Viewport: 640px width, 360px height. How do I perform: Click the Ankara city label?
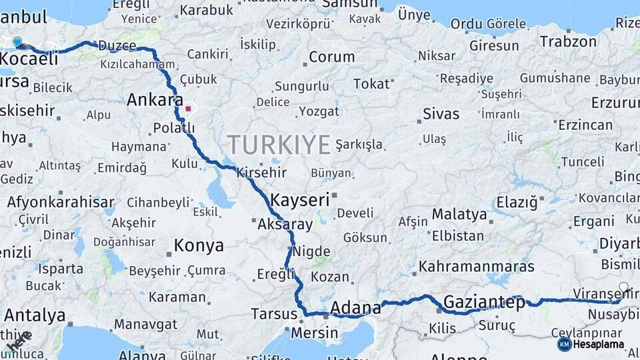click(154, 101)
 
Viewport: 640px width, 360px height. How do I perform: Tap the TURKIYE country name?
click(279, 145)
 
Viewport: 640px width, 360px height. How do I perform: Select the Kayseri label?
click(300, 199)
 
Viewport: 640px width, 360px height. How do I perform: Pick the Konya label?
click(199, 245)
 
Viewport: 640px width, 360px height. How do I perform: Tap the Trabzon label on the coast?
click(568, 41)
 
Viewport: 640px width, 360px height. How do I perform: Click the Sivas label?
click(441, 113)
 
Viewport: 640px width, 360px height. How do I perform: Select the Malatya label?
click(459, 215)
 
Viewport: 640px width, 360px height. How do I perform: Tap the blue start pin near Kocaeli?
click(17, 42)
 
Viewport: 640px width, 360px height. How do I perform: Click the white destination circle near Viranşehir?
click(623, 287)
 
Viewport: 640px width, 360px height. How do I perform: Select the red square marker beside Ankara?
click(189, 108)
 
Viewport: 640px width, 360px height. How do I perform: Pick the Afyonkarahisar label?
click(61, 202)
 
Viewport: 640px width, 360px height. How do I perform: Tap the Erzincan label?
click(585, 125)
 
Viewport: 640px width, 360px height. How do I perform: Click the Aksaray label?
click(285, 225)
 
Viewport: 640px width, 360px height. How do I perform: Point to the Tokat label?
click(371, 84)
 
